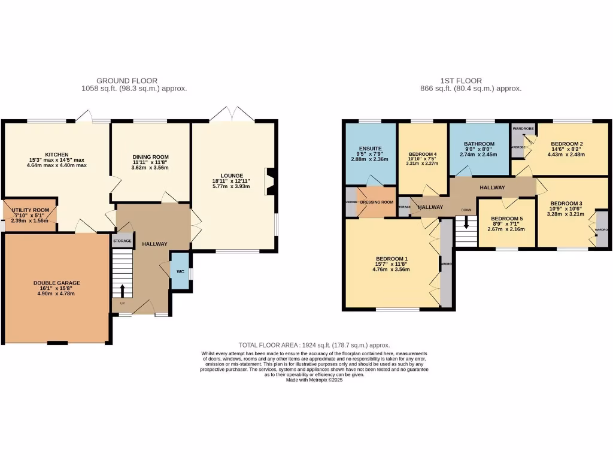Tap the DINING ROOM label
pos(151,157)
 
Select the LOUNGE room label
pos(231,175)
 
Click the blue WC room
pos(180,271)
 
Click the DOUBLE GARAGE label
pos(56,283)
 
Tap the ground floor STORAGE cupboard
pos(122,240)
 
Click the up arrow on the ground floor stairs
pos(123,290)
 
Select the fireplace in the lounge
pos(271,181)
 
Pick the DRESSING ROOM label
pos(377,202)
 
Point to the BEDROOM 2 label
pos(566,144)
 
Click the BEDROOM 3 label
pos(566,203)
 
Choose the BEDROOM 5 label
pos(506,219)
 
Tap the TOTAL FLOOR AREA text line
pos(314,345)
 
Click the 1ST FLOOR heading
pos(460,81)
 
